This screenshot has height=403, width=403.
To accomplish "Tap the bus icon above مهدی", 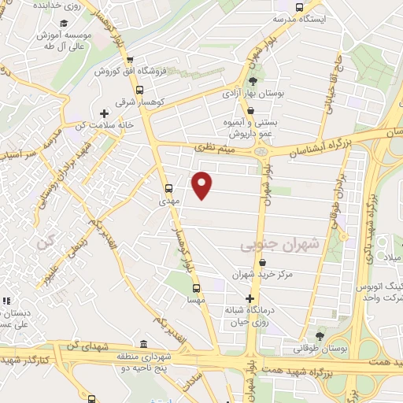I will click(168, 188).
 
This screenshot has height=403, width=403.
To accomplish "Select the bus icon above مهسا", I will click(196, 288).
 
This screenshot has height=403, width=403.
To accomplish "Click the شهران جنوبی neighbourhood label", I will click(279, 246).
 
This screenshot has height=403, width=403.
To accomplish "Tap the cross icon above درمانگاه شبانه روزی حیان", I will click(250, 298).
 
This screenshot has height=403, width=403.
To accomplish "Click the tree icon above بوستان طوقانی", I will click(319, 336).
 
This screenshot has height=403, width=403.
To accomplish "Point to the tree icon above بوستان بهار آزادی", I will click(253, 81).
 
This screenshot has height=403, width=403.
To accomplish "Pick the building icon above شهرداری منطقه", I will click(143, 344).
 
